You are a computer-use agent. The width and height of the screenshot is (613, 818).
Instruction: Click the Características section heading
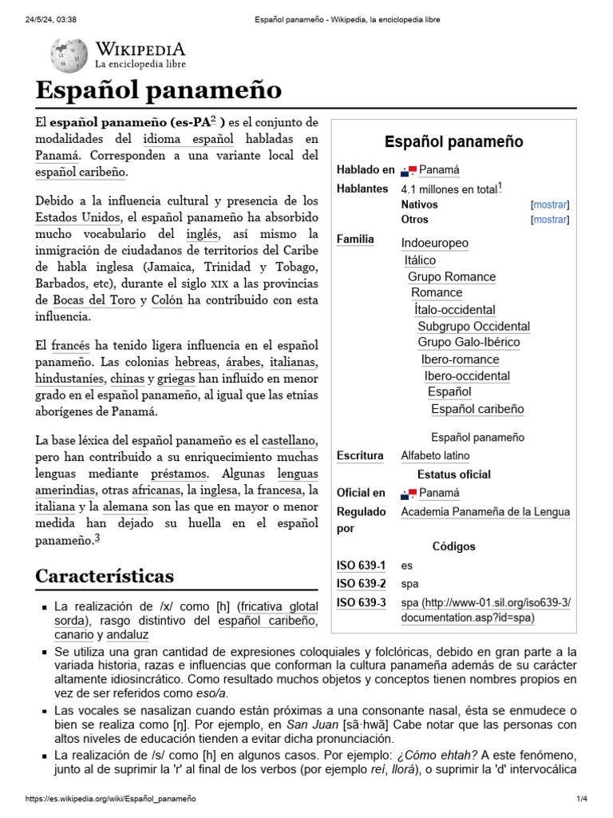click(105, 576)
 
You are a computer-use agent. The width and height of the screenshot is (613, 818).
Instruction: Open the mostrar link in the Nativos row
click(550, 204)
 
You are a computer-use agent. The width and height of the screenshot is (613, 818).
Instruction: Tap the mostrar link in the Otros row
click(550, 220)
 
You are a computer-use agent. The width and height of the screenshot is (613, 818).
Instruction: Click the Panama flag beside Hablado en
click(409, 170)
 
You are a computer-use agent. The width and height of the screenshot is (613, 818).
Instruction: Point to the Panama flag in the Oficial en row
click(409, 493)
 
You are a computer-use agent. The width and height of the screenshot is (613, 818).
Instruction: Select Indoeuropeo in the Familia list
click(434, 243)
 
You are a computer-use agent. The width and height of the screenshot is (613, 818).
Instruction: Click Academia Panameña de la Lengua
click(485, 512)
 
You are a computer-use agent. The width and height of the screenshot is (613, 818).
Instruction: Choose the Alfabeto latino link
click(435, 456)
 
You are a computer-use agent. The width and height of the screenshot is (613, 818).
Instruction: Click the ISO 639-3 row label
click(362, 602)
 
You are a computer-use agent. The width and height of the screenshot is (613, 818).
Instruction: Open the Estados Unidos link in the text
click(77, 217)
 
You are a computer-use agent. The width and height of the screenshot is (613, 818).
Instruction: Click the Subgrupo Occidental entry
click(473, 326)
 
